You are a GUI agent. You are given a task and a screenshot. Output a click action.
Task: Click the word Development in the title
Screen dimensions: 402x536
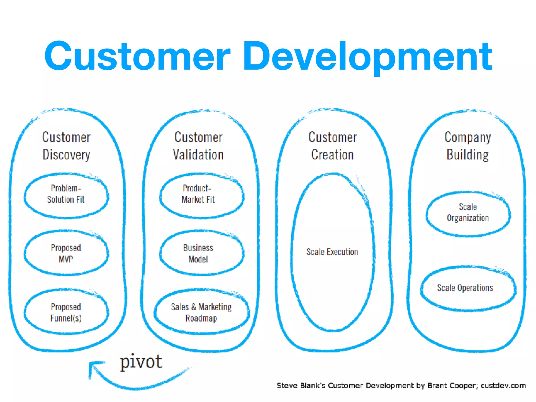click(x=368, y=56)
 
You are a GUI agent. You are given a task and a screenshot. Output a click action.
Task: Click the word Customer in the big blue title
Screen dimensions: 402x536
click(x=137, y=56)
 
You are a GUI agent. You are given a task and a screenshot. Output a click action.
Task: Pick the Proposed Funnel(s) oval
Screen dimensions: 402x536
click(x=66, y=312)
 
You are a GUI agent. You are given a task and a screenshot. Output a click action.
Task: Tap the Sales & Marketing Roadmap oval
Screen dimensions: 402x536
click(x=201, y=312)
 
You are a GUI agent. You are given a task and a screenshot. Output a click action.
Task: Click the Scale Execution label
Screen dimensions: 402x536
click(x=332, y=252)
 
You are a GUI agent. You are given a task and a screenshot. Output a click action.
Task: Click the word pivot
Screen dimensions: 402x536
click(x=141, y=362)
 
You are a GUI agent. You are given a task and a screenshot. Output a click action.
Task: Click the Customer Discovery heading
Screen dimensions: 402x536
click(x=66, y=146)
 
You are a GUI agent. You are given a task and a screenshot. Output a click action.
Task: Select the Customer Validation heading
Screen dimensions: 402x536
click(x=198, y=146)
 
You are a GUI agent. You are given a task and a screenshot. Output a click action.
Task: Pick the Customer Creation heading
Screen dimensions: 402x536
click(x=333, y=146)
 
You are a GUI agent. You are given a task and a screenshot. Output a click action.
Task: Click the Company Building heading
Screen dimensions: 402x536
click(x=468, y=146)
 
